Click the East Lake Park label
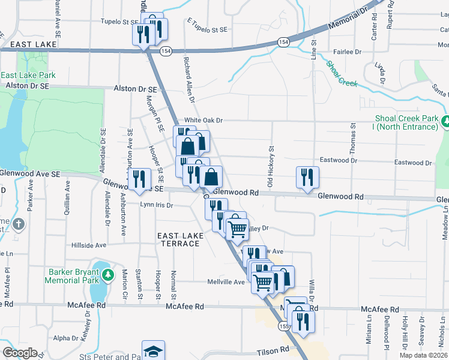(x=28, y=75)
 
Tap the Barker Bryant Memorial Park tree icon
(x=108, y=275)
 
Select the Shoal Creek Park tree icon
(x=445, y=122)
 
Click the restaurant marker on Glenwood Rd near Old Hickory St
(x=307, y=177)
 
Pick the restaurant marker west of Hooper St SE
(x=140, y=178)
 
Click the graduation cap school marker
(x=153, y=351)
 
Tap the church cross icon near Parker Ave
(x=19, y=224)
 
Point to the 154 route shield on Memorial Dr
(x=283, y=41)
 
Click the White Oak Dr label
(x=203, y=120)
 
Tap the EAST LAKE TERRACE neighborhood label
(x=179, y=240)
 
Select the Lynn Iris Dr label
(x=156, y=205)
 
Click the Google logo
(x=20, y=353)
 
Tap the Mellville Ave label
(x=226, y=281)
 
